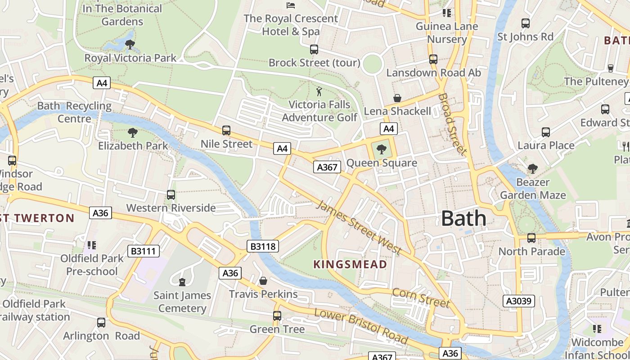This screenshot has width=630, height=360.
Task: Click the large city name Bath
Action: [x=463, y=218]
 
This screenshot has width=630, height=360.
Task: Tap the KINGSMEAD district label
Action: [x=350, y=264]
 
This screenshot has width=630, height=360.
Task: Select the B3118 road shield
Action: [x=263, y=246]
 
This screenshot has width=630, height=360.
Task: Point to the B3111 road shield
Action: [x=144, y=251]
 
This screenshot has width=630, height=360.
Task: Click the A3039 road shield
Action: [x=518, y=301]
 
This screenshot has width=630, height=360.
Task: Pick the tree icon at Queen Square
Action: [x=381, y=149]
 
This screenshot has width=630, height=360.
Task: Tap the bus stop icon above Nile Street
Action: [x=226, y=130]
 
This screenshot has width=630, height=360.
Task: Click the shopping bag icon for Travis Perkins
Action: [x=263, y=281]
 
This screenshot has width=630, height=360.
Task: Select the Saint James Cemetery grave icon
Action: [x=182, y=282]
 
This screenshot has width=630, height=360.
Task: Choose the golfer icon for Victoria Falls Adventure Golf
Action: [x=319, y=91]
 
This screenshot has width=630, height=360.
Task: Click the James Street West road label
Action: [x=359, y=227]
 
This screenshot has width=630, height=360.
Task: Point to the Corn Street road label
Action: [x=421, y=298]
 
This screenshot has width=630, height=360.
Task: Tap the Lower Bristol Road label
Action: [x=361, y=326]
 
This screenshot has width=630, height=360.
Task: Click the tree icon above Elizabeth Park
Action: [x=132, y=133]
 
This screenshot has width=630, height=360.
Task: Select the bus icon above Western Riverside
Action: [x=171, y=195]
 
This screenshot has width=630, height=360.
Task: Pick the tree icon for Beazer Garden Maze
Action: [x=533, y=169]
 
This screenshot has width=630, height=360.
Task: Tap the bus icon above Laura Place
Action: [x=546, y=132]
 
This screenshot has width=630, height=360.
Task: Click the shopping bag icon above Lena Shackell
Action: [x=397, y=98]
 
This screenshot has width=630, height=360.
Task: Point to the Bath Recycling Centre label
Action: [x=74, y=112]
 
